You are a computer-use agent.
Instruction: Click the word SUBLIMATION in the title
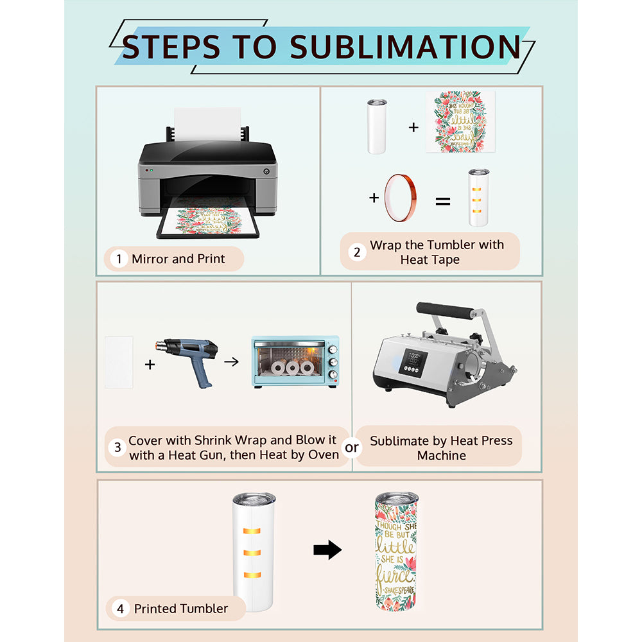coord(404,48)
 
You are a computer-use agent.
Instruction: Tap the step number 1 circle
coord(118,259)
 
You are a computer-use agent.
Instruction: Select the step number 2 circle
coord(358,252)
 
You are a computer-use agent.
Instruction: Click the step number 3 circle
coord(116,447)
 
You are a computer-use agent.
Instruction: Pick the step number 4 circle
coord(120,609)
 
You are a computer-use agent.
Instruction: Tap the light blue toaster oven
coord(295,361)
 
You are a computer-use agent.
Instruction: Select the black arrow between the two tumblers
coord(327,550)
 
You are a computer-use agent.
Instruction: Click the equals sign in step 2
coord(443,202)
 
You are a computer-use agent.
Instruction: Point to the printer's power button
coord(266,171)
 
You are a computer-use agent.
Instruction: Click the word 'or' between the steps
coord(352,447)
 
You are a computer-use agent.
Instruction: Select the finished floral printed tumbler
coord(395,551)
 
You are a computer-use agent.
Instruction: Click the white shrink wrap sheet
coord(119,362)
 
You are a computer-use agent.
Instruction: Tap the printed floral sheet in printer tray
coord(207,220)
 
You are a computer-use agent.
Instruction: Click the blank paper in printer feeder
coord(207,122)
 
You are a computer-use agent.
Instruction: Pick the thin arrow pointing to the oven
coord(231,362)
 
